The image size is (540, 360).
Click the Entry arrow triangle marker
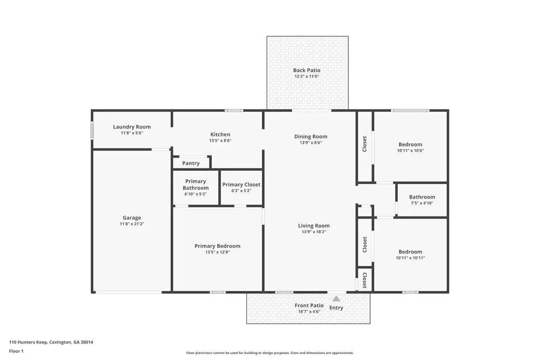tap(336, 298)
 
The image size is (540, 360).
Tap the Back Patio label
tap(307, 70)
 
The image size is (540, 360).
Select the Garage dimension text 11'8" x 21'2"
tap(132, 224)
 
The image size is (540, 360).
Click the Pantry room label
tap(191, 163)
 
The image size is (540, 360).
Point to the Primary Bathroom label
tap(195, 185)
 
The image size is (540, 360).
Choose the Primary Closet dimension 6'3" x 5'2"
tap(241, 191)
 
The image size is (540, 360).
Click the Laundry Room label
tap(132, 127)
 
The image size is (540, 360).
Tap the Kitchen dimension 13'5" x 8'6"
tap(220, 140)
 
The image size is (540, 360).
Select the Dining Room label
tap(310, 137)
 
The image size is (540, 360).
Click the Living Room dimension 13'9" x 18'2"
tap(314, 232)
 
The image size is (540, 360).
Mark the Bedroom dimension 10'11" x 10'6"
tap(410, 151)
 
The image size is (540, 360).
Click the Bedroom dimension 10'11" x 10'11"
tap(410, 258)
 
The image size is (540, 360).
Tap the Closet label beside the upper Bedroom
tap(365, 144)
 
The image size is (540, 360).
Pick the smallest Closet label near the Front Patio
tap(365, 280)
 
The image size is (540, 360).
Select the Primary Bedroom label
tap(217, 246)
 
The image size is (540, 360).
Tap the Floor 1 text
tap(16, 351)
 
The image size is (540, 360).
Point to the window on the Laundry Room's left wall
tap(92, 130)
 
